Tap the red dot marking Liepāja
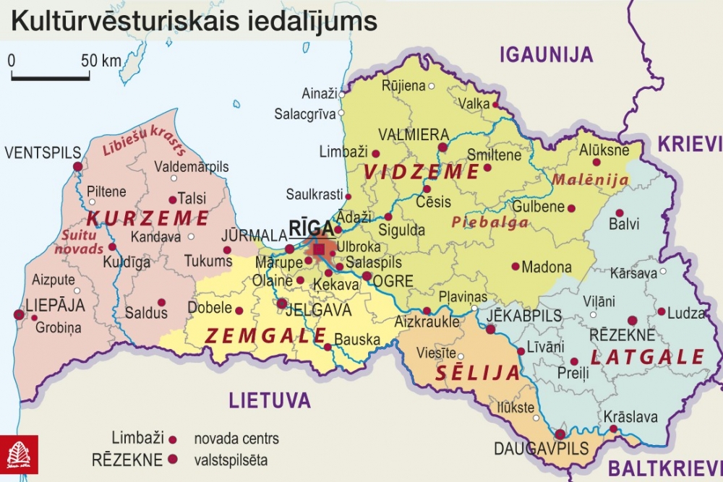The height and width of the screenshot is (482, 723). (x=18, y=314)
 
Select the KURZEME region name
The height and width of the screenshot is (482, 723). (x=147, y=218)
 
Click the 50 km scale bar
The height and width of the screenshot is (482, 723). (x=51, y=75)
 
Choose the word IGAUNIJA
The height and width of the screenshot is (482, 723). (x=546, y=54)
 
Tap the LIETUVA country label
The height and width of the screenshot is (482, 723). (x=270, y=400)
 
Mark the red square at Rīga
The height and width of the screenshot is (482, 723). (x=319, y=249)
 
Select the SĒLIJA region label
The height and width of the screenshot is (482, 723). (x=477, y=373)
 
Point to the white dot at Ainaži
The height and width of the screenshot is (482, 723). (x=341, y=94)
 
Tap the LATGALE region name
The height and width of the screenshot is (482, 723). (x=647, y=357)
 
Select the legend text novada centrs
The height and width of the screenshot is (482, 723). (x=236, y=439)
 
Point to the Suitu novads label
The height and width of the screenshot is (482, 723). (x=82, y=242)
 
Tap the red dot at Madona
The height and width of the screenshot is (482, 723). (x=515, y=266)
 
